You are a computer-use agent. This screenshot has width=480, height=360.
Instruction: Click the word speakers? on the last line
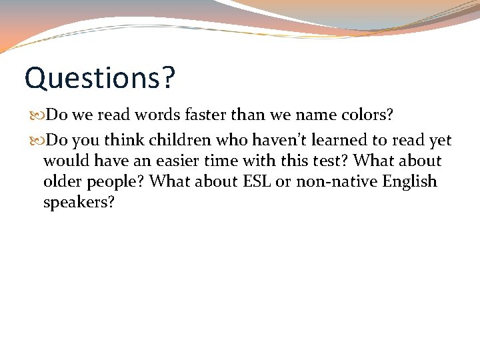click(x=79, y=203)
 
